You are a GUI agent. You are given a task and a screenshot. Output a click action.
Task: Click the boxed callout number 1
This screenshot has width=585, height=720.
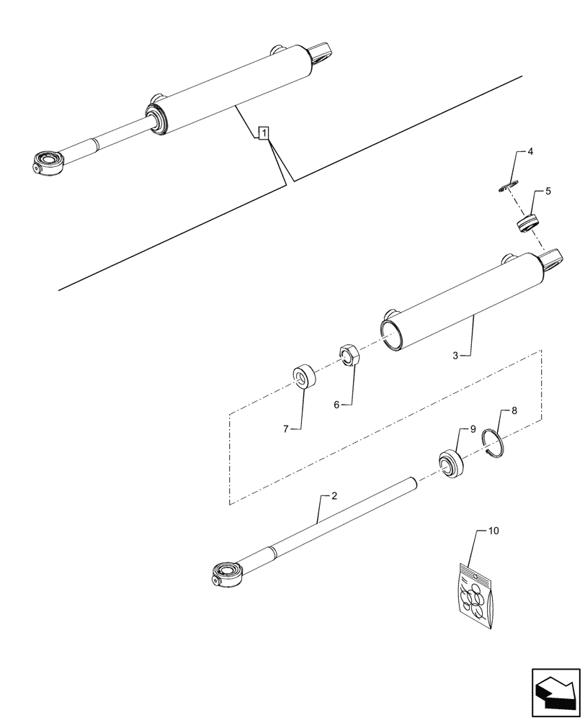tap(264, 132)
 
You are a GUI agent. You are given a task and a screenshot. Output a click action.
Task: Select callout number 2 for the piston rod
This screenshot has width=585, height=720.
tap(334, 496)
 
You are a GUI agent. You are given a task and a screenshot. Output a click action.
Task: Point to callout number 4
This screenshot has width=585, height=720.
tap(530, 152)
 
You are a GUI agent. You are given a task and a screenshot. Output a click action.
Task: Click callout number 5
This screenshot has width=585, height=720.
tap(548, 192)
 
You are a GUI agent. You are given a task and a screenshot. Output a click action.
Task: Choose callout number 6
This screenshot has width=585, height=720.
tap(336, 405)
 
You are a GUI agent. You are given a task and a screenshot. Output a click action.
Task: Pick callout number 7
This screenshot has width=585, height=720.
tap(286, 429)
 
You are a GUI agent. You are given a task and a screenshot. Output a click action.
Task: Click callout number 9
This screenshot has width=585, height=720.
tap(473, 429)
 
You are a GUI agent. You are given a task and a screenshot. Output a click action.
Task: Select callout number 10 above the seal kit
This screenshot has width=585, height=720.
tap(494, 531)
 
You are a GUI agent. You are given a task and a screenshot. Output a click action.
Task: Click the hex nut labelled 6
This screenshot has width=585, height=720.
tap(349, 354)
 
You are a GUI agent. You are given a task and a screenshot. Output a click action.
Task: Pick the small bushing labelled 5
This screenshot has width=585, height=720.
tap(527, 223)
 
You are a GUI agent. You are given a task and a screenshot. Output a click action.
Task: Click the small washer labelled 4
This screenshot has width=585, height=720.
tap(507, 187)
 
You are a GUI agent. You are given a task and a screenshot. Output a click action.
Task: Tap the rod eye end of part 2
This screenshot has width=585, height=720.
tap(229, 575)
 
